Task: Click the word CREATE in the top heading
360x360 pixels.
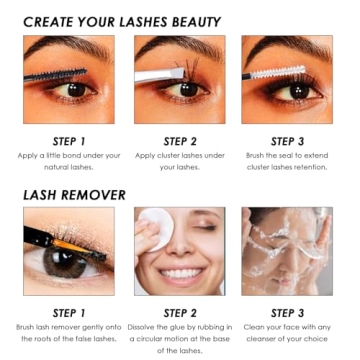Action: [x=54, y=20]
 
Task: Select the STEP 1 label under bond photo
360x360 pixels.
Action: [x=69, y=141]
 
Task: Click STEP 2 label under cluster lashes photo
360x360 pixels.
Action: [x=179, y=141]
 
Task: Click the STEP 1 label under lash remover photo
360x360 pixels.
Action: [x=69, y=312]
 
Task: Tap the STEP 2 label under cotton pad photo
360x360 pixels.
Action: [x=179, y=312]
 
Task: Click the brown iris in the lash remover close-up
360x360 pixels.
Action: [x=69, y=262]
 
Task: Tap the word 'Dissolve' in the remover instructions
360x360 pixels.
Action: [x=155, y=326]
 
